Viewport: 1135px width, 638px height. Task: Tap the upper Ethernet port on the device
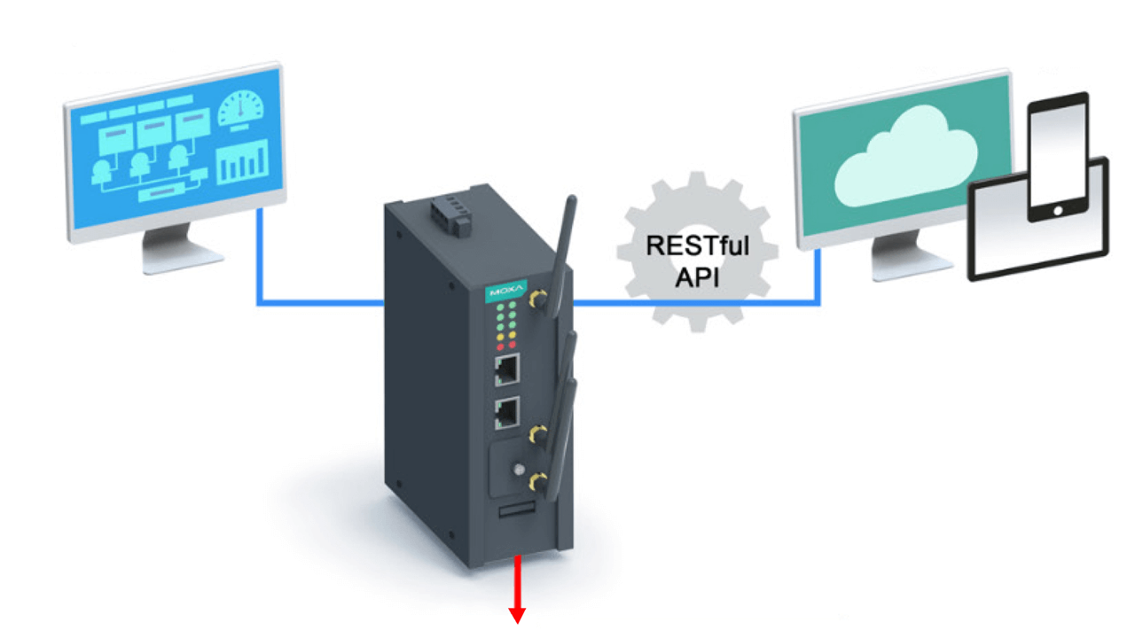point(506,370)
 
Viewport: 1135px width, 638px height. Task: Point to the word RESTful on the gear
point(697,245)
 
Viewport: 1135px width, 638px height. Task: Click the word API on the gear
point(697,276)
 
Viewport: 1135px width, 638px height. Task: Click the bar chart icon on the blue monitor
point(243,163)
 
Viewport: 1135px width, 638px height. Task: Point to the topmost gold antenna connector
point(537,300)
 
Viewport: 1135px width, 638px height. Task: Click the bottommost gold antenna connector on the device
point(536,481)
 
